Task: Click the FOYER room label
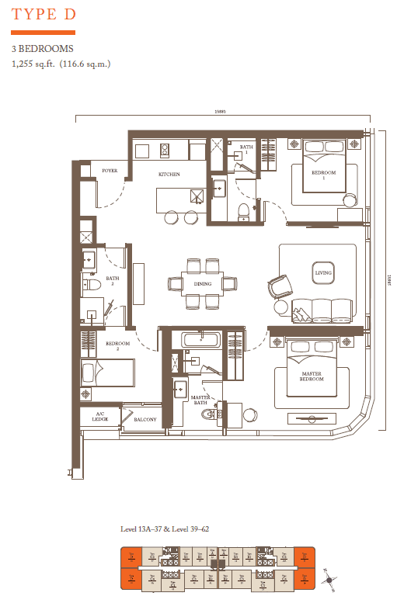(x=110, y=170)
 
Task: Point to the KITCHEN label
(x=169, y=175)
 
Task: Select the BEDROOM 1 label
(x=324, y=175)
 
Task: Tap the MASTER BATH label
(x=202, y=400)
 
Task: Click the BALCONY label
(x=145, y=420)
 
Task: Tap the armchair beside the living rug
(x=280, y=287)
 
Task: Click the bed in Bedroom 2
(x=106, y=372)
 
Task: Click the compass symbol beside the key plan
(x=330, y=578)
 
